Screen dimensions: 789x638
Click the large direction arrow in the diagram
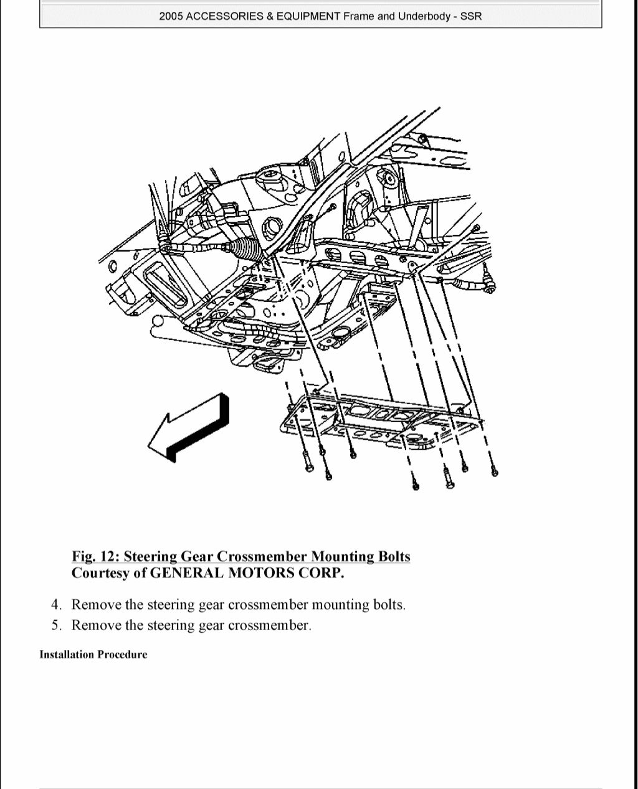[187, 430]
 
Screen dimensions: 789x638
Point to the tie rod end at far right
[490, 287]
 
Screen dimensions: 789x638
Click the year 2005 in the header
[171, 17]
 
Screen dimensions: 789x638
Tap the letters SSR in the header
[471, 17]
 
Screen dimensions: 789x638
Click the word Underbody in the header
[424, 17]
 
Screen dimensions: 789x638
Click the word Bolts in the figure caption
[394, 556]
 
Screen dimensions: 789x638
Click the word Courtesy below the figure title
[100, 573]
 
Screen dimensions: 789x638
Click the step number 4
[56, 605]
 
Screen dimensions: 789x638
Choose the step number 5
[56, 625]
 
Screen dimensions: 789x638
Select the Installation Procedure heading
[93, 654]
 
